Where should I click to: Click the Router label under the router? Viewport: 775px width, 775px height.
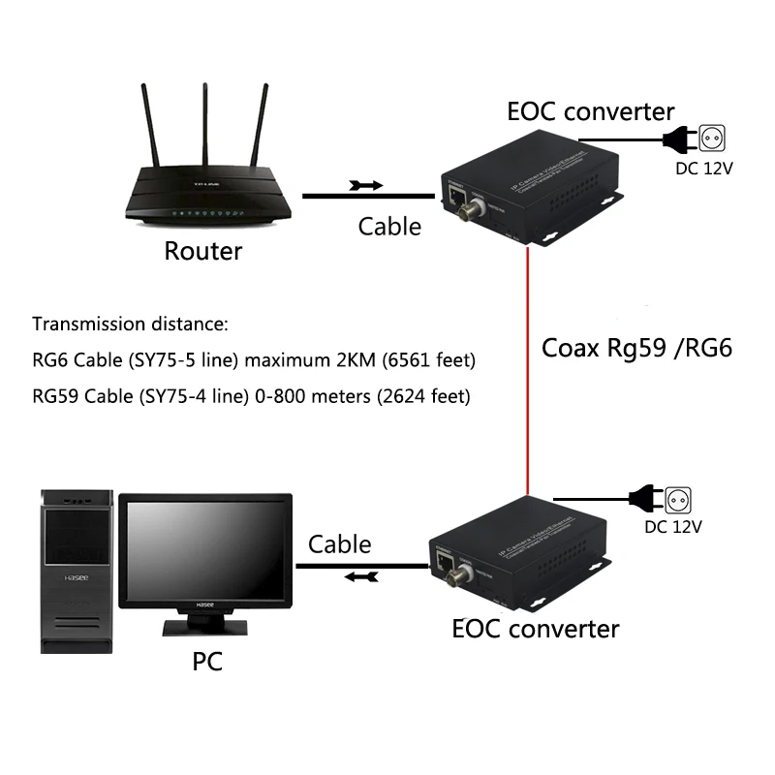[202, 252]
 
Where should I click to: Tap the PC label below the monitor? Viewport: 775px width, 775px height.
[206, 662]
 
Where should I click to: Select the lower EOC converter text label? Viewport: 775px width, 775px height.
[535, 629]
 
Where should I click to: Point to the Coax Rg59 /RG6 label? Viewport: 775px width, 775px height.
[635, 347]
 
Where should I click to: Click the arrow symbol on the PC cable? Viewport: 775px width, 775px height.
[360, 577]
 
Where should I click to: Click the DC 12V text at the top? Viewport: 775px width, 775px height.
[703, 168]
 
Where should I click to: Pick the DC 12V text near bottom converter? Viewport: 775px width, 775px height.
[673, 527]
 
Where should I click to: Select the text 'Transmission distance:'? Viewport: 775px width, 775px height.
[130, 324]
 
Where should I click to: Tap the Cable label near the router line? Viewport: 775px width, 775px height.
[389, 226]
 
